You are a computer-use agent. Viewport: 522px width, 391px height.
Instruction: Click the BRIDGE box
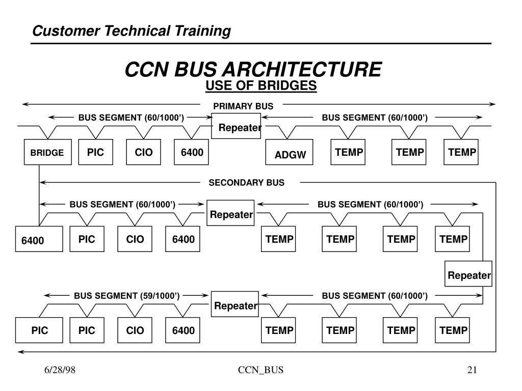coord(47,152)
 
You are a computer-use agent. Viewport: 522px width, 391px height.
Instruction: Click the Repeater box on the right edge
coord(469,275)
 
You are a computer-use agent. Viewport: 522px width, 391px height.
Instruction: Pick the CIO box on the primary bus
coord(144,152)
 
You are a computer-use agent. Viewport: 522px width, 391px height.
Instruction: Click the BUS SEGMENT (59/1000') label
coord(126,295)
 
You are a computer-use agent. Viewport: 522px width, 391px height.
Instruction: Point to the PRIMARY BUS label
coord(243,106)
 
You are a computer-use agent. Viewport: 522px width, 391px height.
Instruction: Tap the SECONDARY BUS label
coord(247,183)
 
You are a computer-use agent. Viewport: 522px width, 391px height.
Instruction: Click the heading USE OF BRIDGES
coord(261,86)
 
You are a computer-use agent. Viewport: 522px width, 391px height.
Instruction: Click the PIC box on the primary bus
coord(95,152)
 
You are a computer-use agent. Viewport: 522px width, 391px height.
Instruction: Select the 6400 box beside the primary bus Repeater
coord(192,152)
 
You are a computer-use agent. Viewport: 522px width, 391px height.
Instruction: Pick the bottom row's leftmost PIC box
coord(39,330)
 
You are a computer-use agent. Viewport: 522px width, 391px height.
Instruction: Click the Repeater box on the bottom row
coord(236,305)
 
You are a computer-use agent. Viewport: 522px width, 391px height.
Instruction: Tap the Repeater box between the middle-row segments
coord(231,214)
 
